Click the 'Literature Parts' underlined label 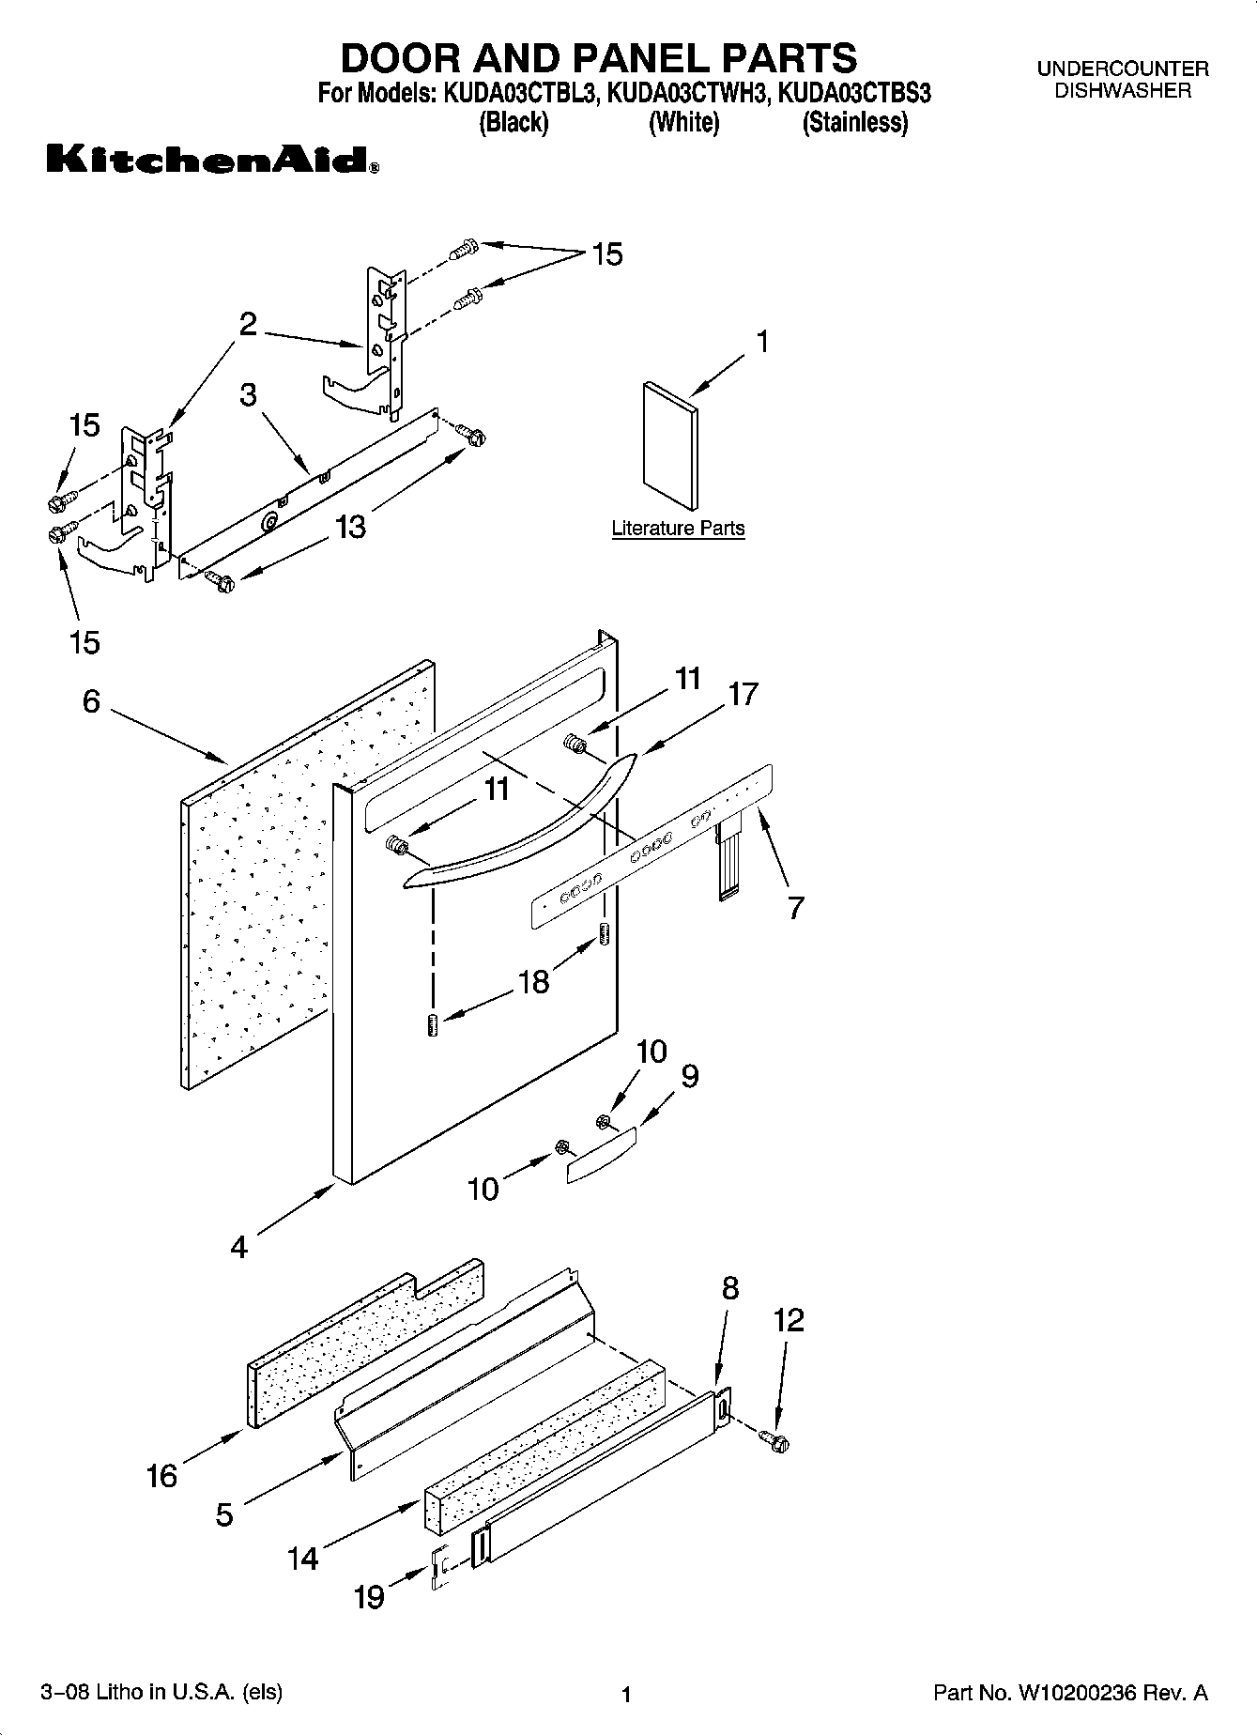pyautogui.click(x=678, y=529)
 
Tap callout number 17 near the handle pyautogui.click(x=743, y=695)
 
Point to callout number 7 pyautogui.click(x=795, y=908)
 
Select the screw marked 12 pyautogui.click(x=775, y=1438)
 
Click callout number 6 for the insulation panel pyautogui.click(x=91, y=701)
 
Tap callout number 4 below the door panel pyautogui.click(x=239, y=1248)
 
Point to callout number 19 pyautogui.click(x=370, y=1596)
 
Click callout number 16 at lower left pyautogui.click(x=161, y=1476)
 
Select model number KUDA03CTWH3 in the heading pyautogui.click(x=688, y=94)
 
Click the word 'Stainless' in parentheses pyautogui.click(x=855, y=123)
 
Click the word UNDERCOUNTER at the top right pyautogui.click(x=1123, y=69)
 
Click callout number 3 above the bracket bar pyautogui.click(x=248, y=394)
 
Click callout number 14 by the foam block pyautogui.click(x=303, y=1559)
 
